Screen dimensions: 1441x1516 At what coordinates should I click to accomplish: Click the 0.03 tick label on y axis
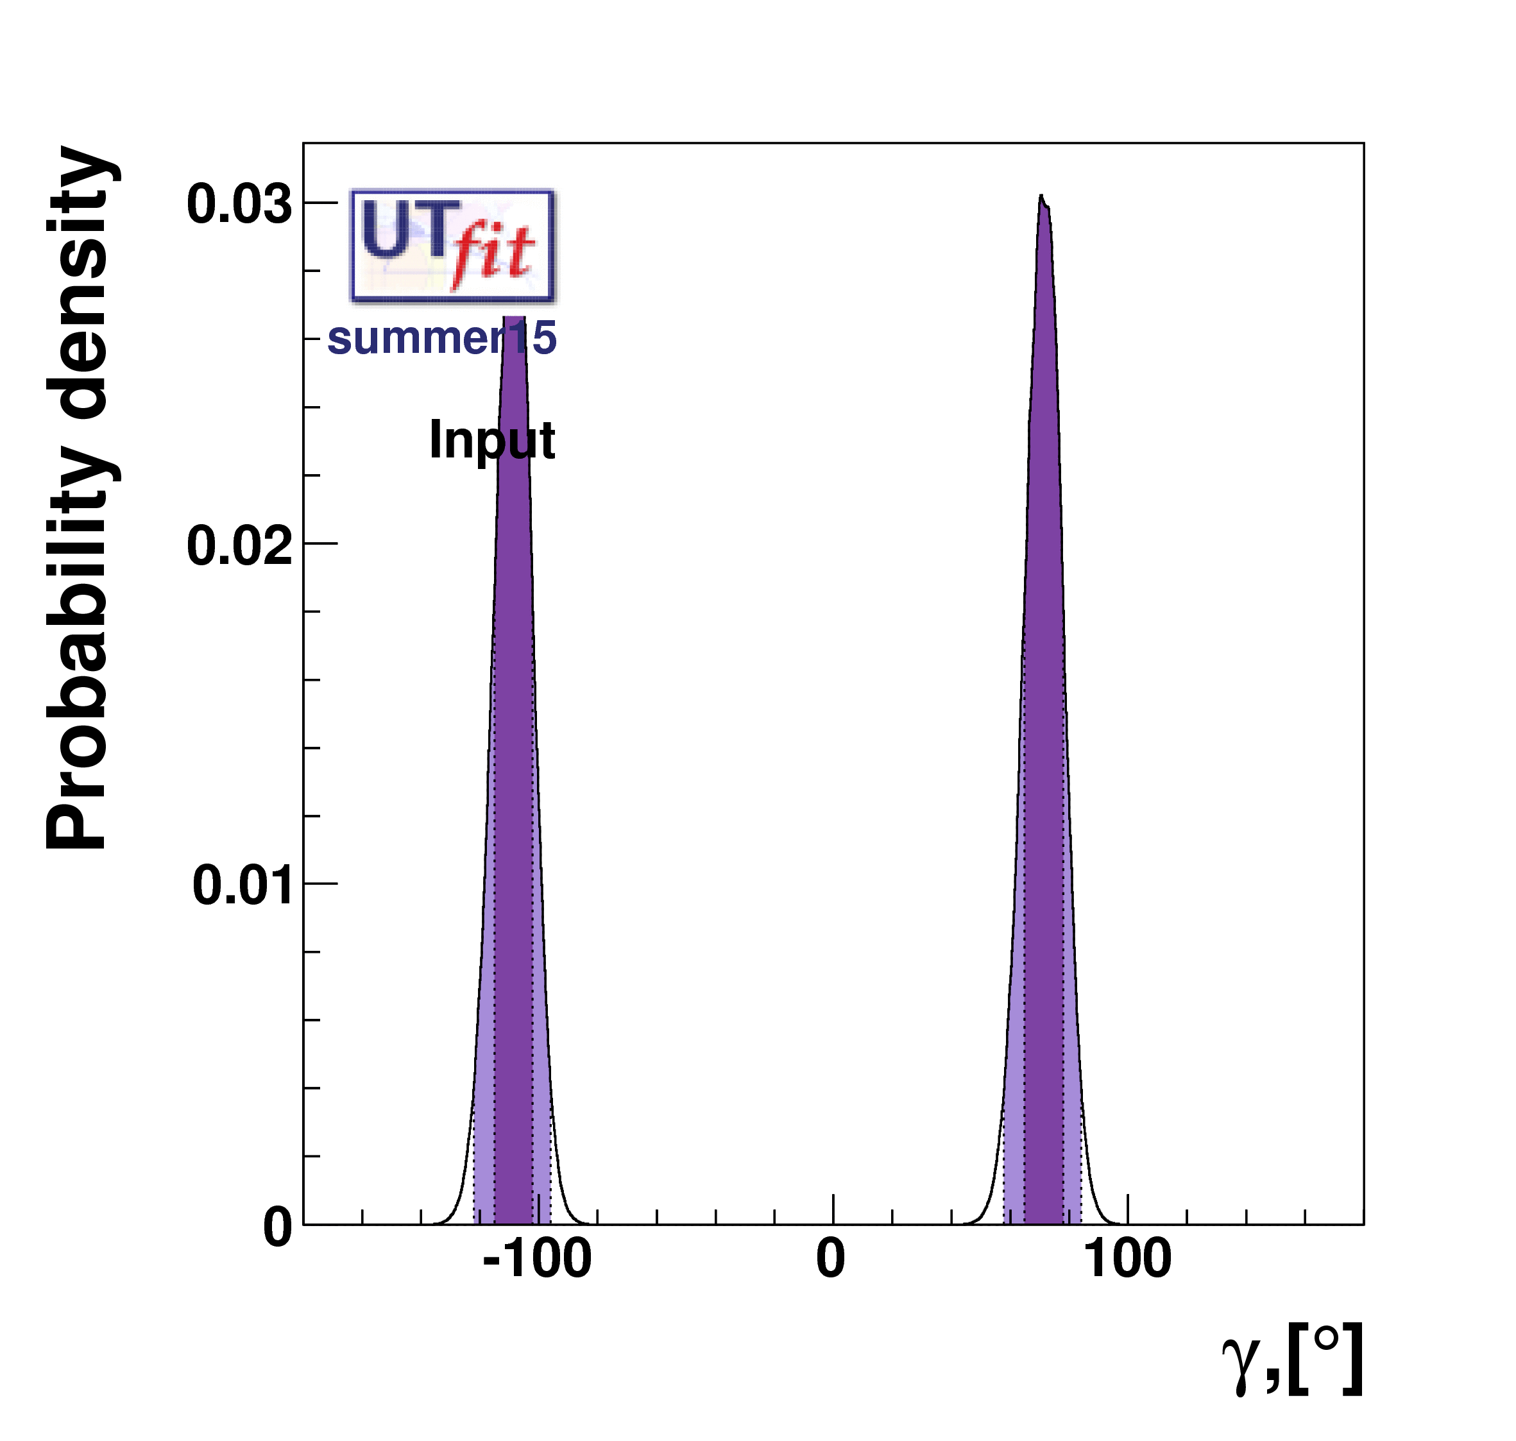239,205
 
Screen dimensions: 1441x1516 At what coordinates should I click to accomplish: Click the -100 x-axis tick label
537,1281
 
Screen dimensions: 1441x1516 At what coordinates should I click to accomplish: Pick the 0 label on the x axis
830,1281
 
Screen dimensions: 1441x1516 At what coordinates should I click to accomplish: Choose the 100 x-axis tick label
1127,1281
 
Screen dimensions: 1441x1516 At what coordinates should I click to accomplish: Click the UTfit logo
452,245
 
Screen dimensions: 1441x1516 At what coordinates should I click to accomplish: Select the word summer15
441,338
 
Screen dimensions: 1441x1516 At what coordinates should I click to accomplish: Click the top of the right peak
1041,198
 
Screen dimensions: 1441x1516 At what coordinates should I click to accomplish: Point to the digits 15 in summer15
534,338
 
